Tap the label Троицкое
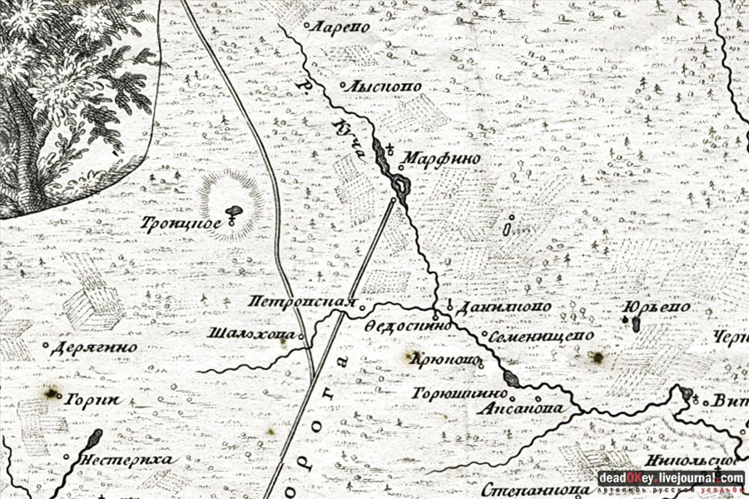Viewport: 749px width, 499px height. [192, 222]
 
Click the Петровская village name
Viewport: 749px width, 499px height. [302, 302]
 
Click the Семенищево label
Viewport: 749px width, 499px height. [541, 335]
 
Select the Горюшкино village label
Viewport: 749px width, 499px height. [459, 391]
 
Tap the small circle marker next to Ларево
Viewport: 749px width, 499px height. [307, 27]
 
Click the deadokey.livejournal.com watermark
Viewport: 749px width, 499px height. [670, 478]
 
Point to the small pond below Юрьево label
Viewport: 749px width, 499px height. [636, 324]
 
